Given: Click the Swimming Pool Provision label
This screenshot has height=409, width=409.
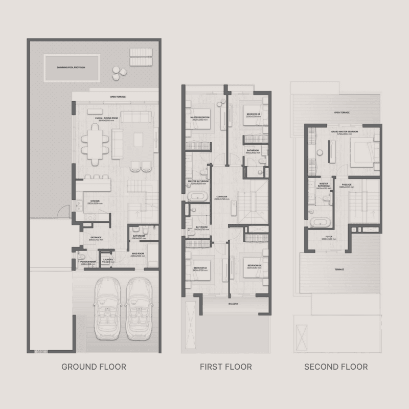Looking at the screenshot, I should (72, 68).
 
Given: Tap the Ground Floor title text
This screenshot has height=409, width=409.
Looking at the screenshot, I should (94, 367).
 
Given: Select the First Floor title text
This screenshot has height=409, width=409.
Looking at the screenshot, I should (226, 367).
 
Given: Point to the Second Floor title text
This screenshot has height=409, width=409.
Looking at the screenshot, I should (336, 367).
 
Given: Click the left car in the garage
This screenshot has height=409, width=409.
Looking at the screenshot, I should (107, 307).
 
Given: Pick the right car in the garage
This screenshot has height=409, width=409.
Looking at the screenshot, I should (139, 307).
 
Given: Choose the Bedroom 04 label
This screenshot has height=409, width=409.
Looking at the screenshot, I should (254, 114).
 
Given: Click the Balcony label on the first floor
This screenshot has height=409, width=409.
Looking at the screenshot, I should (233, 304).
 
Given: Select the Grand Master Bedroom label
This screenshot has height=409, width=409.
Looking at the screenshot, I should (344, 132).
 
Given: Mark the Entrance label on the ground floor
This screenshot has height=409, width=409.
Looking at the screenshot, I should (97, 238).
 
